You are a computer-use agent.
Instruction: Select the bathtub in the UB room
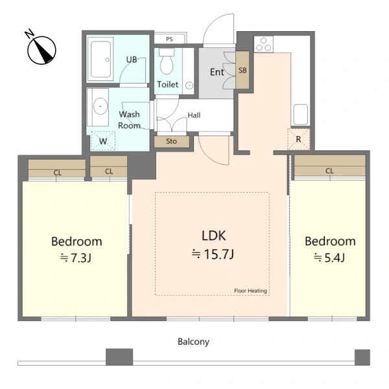100,60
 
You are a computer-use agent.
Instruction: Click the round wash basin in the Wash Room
100,106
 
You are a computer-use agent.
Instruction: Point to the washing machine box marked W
103,141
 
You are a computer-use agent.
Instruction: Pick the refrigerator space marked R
299,139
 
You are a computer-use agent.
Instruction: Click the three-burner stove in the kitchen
263,44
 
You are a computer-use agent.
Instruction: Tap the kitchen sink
301,114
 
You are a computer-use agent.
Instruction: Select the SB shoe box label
242,71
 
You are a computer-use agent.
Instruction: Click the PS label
169,39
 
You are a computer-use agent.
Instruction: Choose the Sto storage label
171,141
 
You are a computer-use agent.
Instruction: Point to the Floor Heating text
250,290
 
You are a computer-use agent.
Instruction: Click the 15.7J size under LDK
213,254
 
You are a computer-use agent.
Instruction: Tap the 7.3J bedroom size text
76,258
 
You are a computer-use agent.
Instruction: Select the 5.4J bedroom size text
329,258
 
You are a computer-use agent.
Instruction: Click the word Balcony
193,342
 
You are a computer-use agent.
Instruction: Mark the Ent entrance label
217,72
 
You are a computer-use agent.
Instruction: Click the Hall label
194,115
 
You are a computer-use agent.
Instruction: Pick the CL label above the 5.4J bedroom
329,171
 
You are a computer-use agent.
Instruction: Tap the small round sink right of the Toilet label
189,86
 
